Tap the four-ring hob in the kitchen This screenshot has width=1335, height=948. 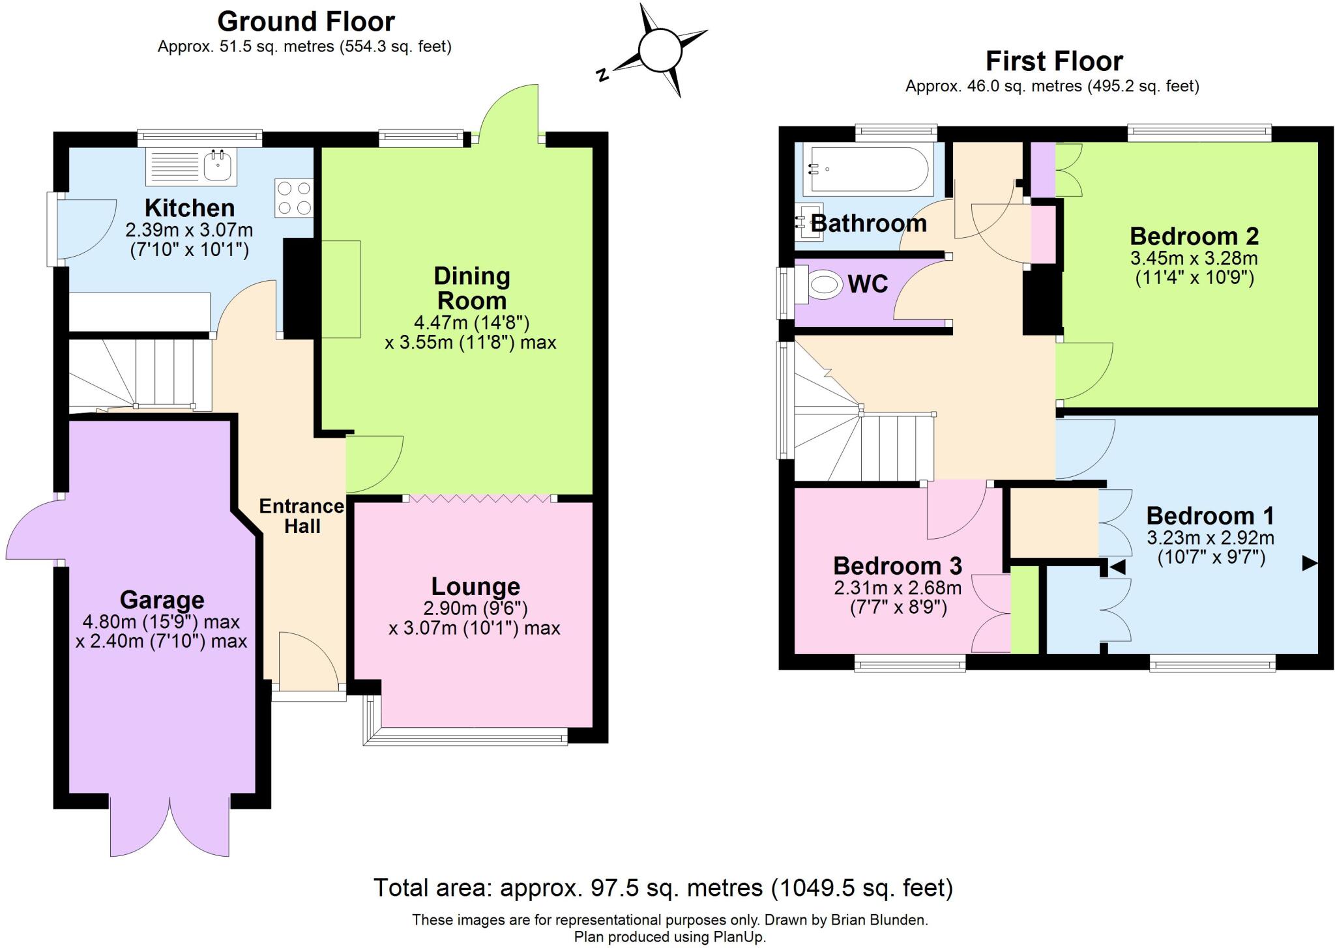pyautogui.click(x=294, y=197)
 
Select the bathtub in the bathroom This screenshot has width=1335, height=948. pyautogui.click(x=868, y=169)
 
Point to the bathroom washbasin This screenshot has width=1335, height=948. pyautogui.click(x=806, y=223)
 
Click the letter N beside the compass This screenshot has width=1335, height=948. pyautogui.click(x=603, y=75)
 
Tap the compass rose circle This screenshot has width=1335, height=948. pyautogui.click(x=660, y=50)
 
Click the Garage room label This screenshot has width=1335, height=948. pyautogui.click(x=162, y=599)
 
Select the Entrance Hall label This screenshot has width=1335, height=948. pyautogui.click(x=301, y=515)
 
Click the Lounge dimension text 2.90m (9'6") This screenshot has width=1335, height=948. pyautogui.click(x=475, y=608)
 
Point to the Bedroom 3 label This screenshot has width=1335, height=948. pyautogui.click(x=897, y=566)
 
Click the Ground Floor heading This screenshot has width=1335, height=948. pyautogui.click(x=306, y=22)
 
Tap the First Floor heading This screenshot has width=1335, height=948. pyautogui.click(x=1054, y=61)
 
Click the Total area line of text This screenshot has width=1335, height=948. pyautogui.click(x=662, y=887)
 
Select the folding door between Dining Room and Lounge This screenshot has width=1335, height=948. pyautogui.click(x=480, y=498)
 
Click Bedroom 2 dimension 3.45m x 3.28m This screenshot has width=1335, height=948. pyautogui.click(x=1194, y=258)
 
